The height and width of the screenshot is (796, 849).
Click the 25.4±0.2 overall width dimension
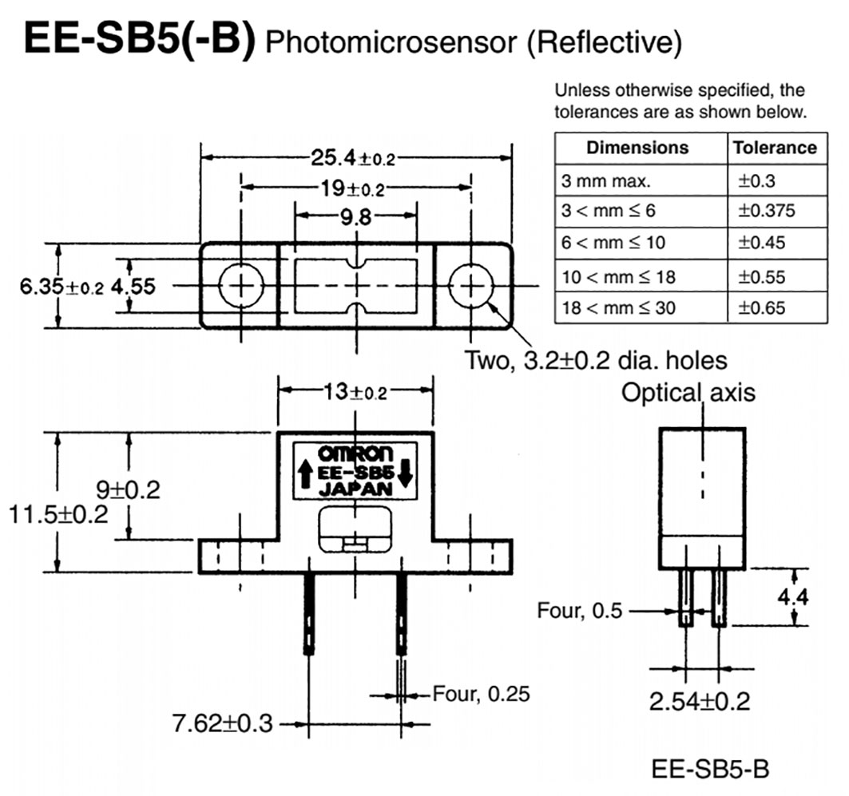tap(355, 158)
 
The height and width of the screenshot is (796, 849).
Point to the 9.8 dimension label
tap(355, 216)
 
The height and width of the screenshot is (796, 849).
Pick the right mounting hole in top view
tap(472, 286)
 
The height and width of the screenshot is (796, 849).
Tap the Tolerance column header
tap(775, 148)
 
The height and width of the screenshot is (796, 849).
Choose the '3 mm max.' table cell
tap(595, 180)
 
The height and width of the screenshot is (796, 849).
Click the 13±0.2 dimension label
tap(355, 392)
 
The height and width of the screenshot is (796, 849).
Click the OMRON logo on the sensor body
tap(355, 453)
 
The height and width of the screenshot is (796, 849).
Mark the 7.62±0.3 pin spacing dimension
tap(223, 723)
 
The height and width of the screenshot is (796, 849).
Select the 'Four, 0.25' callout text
tap(481, 693)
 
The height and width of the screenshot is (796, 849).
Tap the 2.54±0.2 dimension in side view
tap(700, 701)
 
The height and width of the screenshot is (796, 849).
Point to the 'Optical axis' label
tap(688, 393)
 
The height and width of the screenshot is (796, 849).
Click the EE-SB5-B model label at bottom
tap(710, 770)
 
